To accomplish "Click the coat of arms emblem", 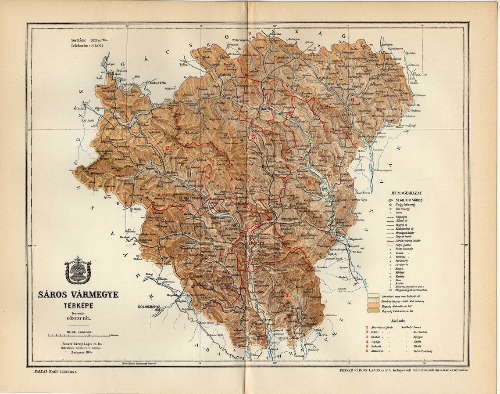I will [78, 270].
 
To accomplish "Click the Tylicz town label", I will [183, 65].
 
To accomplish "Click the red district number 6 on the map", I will [352, 100].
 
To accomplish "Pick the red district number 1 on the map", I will [287, 295].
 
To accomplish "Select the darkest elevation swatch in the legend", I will [373, 311].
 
